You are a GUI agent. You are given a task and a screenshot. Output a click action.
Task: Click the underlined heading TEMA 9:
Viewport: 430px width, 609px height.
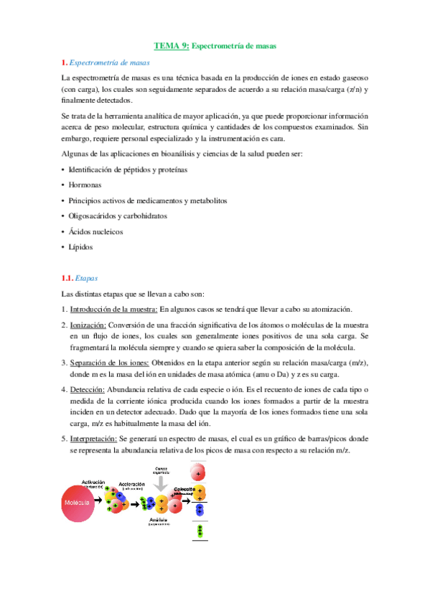coord(172,45)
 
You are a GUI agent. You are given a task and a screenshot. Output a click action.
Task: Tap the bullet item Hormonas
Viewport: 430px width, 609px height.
coord(85,185)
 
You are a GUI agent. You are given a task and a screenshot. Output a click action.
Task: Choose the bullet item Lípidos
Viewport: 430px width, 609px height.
coord(80,247)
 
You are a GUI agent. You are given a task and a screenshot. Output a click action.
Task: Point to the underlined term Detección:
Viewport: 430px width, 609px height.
coord(87,389)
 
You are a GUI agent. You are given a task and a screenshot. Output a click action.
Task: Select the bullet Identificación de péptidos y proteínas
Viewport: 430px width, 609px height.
coord(128,169)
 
